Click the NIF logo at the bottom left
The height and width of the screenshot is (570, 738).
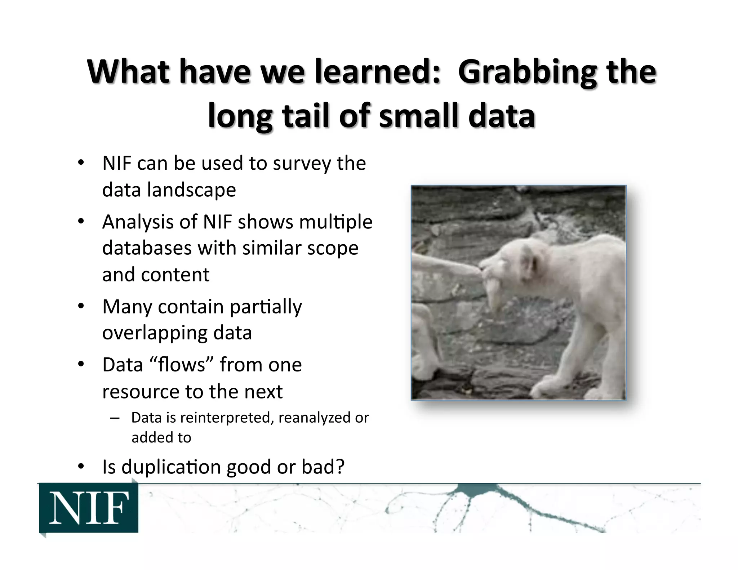[89, 508]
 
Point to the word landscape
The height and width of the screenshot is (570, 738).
[191, 190]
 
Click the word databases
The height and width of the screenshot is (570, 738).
[147, 248]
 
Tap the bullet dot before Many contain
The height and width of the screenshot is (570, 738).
[81, 307]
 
